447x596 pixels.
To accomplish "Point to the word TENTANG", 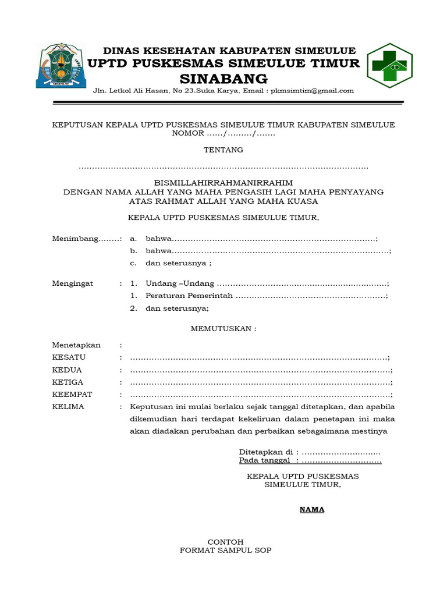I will click(223, 150).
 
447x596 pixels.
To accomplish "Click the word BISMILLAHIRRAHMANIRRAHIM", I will click(223, 182).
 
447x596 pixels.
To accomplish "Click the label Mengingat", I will click(72, 283).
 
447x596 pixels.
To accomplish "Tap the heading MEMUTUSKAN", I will click(223, 328).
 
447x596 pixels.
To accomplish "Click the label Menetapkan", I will click(76, 345).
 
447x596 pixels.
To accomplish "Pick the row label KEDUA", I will click(67, 370).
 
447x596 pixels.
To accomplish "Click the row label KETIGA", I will click(68, 382).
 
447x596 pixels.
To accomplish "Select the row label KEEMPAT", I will click(72, 395).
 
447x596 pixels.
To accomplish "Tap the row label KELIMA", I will click(68, 407).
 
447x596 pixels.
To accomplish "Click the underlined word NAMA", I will click(312, 510).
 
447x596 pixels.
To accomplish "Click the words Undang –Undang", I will click(179, 283).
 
